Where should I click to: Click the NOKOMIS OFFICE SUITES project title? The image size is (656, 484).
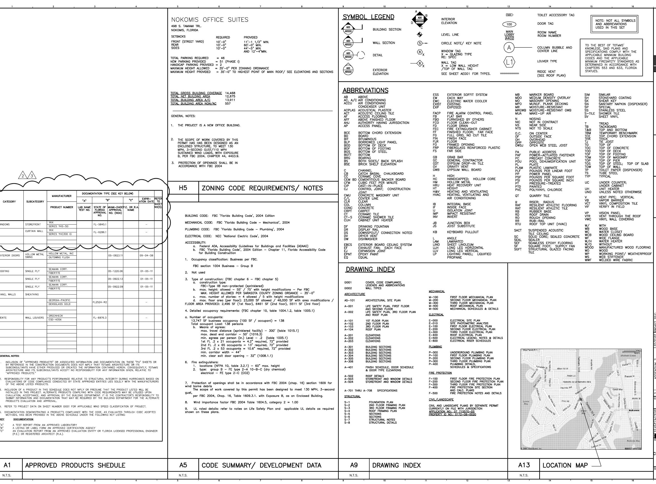coord(210,20)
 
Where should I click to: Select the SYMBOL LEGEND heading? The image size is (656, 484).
coord(369,17)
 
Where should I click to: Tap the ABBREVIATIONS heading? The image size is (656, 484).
coord(366,90)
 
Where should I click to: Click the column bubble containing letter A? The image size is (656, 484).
coord(509,48)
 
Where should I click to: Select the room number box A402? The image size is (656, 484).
coord(509,38)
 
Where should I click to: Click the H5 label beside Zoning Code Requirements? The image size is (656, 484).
coord(183,188)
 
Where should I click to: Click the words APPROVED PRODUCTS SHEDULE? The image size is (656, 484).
coord(75,465)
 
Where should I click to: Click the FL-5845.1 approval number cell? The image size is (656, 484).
coord(100,224)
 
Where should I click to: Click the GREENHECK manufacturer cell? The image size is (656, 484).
coord(56,316)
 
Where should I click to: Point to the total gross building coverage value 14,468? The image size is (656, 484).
coord(230,93)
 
